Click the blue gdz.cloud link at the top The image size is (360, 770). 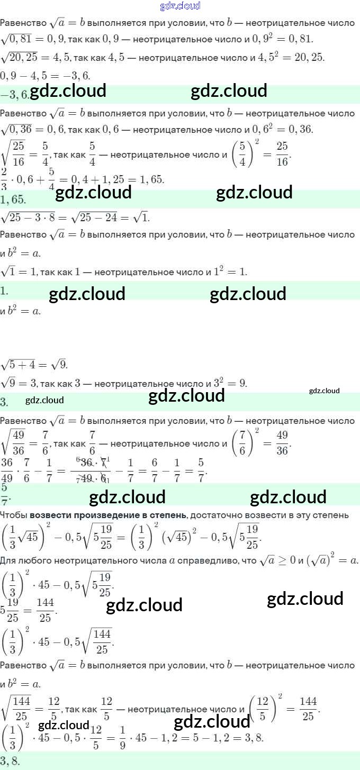pos(180,6)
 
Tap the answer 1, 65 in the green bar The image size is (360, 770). pos(13,199)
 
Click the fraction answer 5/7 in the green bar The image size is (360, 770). pos(5,494)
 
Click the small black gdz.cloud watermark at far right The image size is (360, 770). pos(324,391)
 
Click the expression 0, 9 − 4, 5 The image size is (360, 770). pos(24,75)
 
